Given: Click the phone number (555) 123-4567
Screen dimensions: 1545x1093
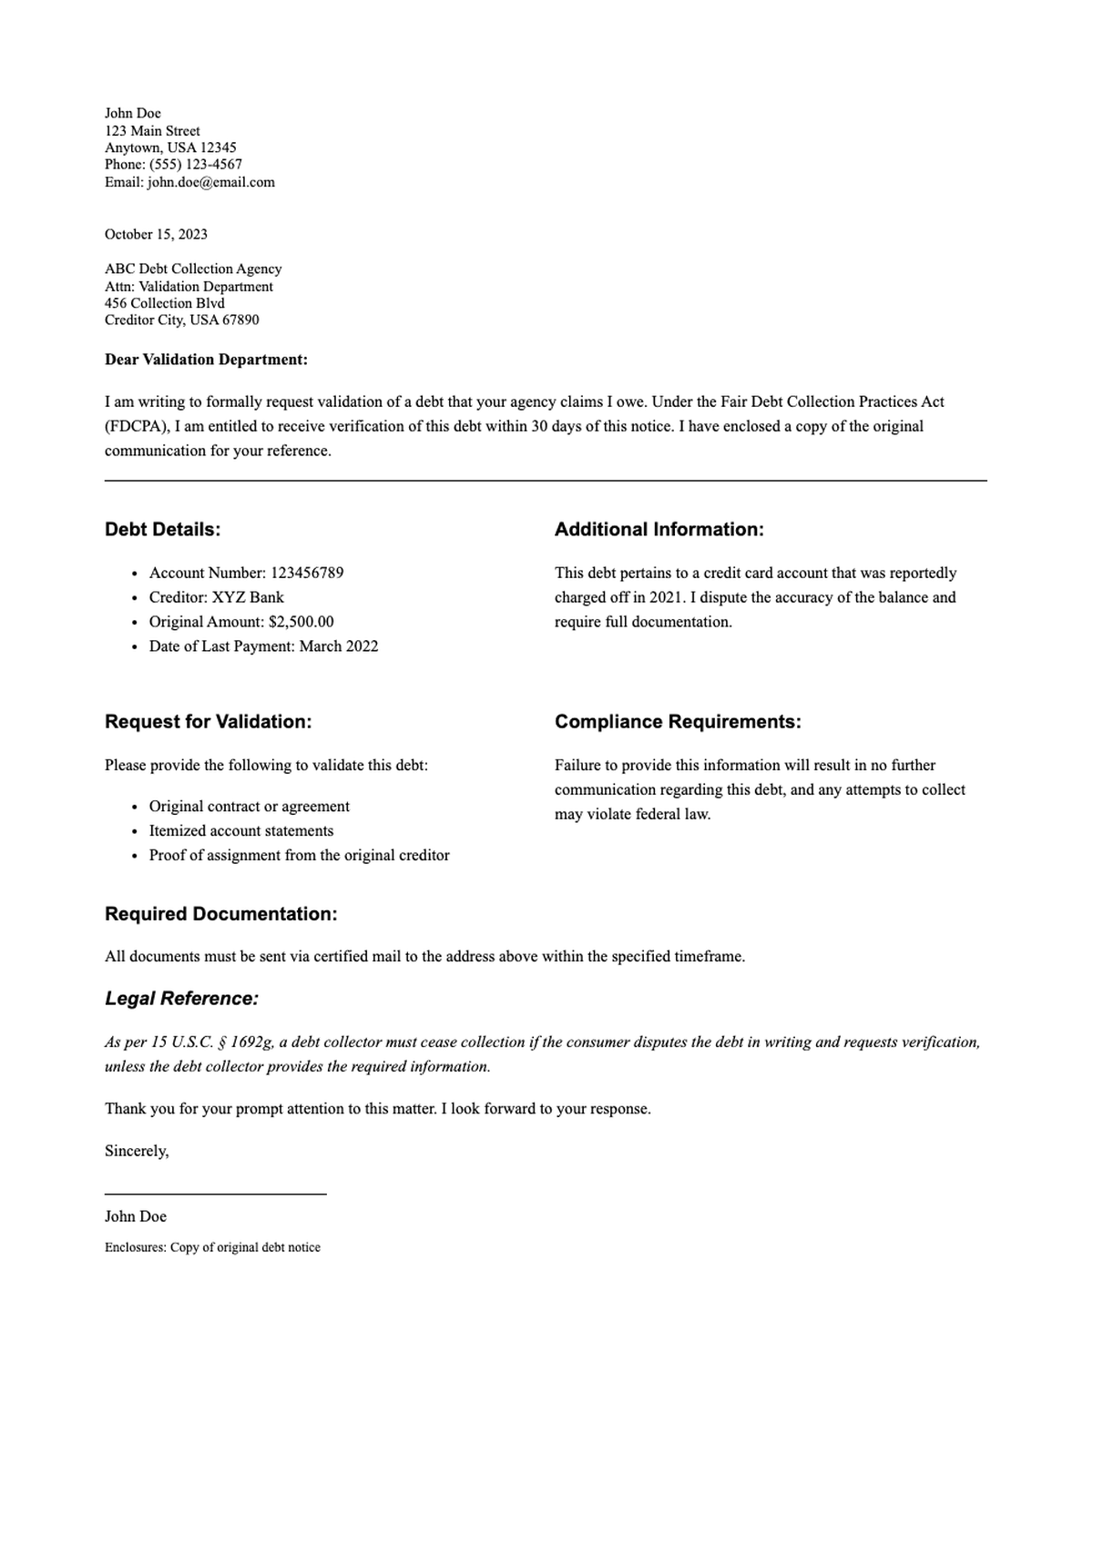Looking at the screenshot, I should tap(196, 165).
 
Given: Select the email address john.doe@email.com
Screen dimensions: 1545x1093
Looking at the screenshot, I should tap(210, 182).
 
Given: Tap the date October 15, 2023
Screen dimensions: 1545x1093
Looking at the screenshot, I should tap(156, 235).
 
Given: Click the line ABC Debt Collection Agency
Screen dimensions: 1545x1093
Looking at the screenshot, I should tap(193, 269).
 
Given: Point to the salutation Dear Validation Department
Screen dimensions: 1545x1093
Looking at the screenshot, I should tap(206, 360).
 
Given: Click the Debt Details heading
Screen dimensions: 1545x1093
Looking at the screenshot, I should tap(162, 530).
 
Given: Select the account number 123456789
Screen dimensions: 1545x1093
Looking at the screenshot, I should tap(307, 574).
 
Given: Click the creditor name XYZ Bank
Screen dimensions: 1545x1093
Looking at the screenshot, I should tap(248, 598).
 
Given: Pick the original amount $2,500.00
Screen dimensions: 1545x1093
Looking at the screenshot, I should tap(301, 623).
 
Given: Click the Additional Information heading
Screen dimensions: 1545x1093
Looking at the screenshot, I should tap(659, 530).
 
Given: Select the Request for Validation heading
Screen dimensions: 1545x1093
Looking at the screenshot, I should tap(208, 722).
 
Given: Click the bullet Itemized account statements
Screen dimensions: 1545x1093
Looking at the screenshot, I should tap(241, 831).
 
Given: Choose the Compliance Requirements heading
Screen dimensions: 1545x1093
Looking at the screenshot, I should tap(678, 722).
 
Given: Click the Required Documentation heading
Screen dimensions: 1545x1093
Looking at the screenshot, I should tap(220, 914).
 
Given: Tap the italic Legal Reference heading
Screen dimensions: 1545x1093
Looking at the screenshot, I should tap(181, 999).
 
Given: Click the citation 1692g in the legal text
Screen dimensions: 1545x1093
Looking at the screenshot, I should tap(250, 1042).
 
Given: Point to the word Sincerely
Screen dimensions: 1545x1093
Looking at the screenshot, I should tap(137, 1152).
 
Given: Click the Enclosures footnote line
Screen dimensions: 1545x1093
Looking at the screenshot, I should tap(212, 1248).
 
